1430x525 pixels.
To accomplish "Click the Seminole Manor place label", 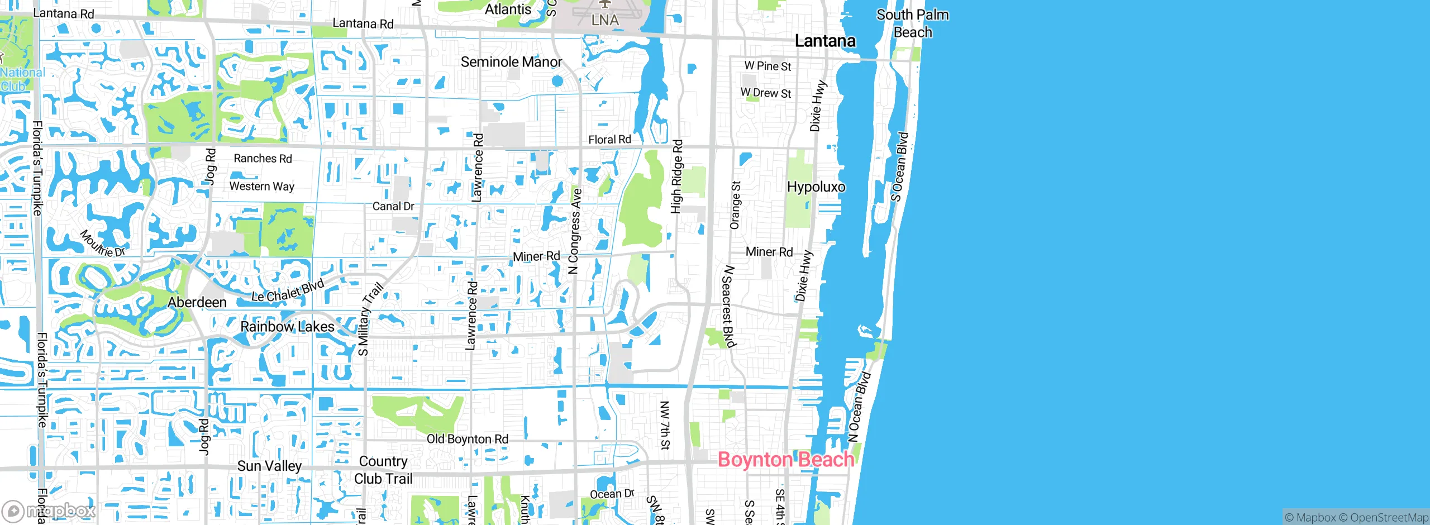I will [511, 62].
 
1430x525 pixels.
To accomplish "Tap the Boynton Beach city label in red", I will [785, 460].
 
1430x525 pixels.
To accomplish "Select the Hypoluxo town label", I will [816, 187].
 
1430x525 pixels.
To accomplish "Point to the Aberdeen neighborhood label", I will [197, 303].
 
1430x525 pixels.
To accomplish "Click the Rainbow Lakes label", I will [287, 327].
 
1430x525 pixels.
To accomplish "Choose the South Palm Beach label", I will [912, 23].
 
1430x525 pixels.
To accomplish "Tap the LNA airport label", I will [605, 20].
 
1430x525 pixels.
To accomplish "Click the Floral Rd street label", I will [609, 140].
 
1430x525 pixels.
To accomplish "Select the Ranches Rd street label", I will [263, 159].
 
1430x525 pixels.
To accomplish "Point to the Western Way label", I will [261, 187].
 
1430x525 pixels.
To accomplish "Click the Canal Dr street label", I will [393, 207].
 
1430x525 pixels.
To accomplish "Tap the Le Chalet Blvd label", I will [287, 291].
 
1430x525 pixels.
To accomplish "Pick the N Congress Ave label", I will [575, 231].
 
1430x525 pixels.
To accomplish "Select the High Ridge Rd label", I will [676, 176].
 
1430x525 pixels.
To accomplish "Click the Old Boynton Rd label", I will [468, 440].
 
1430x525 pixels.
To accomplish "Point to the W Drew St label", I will [766, 93].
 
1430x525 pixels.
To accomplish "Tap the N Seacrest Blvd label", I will [728, 306].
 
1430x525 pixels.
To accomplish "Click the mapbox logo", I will [49, 510].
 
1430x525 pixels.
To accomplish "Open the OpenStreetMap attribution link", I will [1389, 518].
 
